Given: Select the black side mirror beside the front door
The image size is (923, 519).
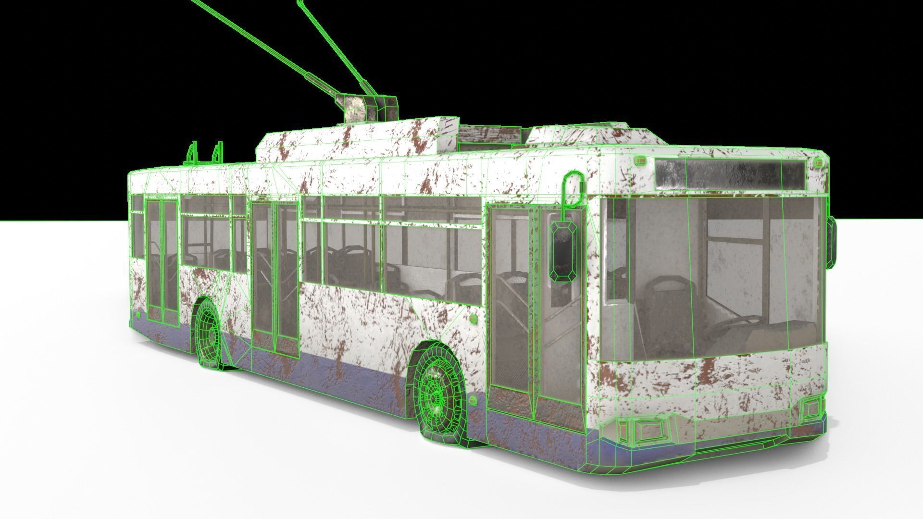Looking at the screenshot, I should coord(563,252).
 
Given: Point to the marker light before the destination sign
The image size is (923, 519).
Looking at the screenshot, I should coord(641,161).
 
